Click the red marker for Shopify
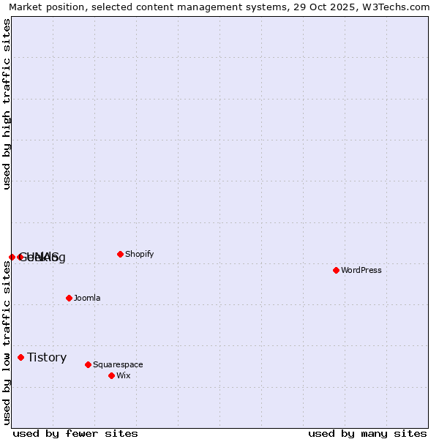[x=120, y=254]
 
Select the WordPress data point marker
[x=336, y=270]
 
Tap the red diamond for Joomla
[x=69, y=298]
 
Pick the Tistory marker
[x=20, y=357]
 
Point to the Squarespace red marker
[x=88, y=364]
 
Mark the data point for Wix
[x=111, y=375]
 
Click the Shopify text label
[x=139, y=254]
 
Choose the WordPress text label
[x=361, y=270]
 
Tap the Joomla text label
[x=87, y=298]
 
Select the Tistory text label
[x=47, y=357]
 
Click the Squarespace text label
[x=118, y=364]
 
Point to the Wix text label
[x=123, y=375]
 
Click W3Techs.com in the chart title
[x=393, y=7]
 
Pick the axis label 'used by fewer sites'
[x=75, y=433]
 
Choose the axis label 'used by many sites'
[x=367, y=433]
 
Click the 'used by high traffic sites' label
[x=7, y=104]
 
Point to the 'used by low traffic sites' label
[x=7, y=342]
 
